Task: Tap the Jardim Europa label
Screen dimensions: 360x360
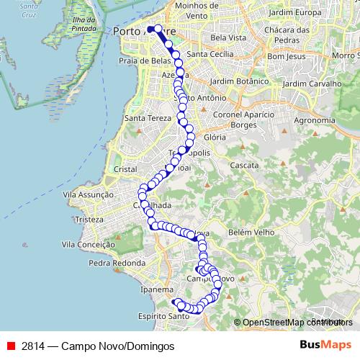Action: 294,13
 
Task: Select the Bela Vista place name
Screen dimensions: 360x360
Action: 229,37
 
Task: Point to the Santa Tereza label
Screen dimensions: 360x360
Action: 148,117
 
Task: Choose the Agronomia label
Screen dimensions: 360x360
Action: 315,120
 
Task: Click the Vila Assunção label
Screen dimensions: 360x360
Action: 89,194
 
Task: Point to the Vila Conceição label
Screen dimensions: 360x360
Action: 89,245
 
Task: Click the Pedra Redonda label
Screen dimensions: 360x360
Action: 117,263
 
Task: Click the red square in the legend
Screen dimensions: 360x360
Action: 11,346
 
